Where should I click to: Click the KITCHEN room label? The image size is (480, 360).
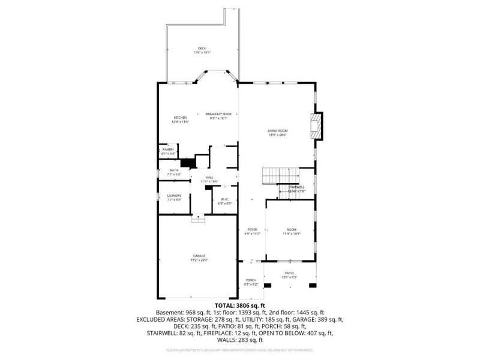(181, 118)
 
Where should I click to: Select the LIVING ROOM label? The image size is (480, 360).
(278, 131)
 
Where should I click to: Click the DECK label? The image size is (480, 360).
(202, 49)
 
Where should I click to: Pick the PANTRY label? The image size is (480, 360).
(168, 150)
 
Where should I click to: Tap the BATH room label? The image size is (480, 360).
(174, 170)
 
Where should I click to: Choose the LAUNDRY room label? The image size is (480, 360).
(174, 196)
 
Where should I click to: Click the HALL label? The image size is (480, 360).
(209, 178)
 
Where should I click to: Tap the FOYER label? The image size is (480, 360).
(252, 229)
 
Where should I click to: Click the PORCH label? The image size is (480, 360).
(250, 280)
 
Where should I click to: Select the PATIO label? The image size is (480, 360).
(289, 273)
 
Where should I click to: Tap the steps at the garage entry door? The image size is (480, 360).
(198, 219)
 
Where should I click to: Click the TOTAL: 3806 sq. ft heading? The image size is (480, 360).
(239, 305)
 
